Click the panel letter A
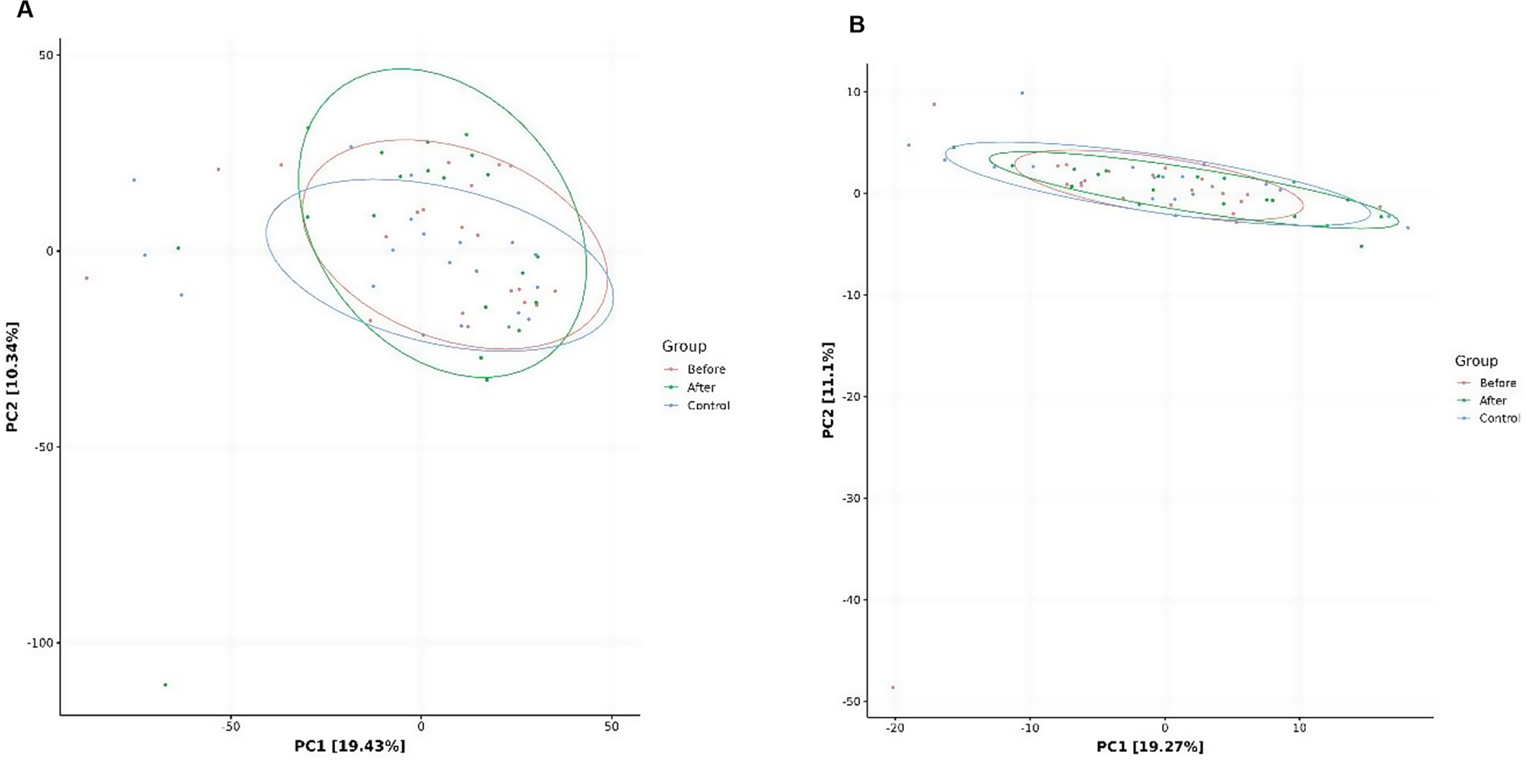tap(24, 10)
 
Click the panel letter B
tap(857, 24)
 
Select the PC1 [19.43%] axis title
tap(349, 746)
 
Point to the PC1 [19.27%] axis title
tap(1150, 746)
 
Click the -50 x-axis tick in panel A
tap(231, 727)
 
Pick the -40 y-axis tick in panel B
tap(852, 600)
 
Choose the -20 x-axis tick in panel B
tap(894, 728)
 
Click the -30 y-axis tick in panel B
tap(852, 498)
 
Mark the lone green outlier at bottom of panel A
tap(165, 685)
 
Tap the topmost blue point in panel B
tap(1022, 93)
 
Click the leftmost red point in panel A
tap(86, 278)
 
